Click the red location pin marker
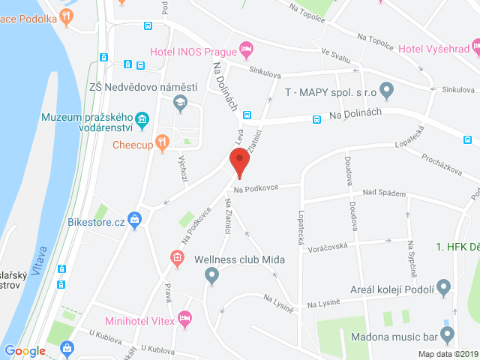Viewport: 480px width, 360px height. pos(239,162)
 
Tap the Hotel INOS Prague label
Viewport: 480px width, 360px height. pos(193,51)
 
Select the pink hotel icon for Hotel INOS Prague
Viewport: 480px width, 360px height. pos(245,50)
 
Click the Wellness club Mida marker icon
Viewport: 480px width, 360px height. pos(211,276)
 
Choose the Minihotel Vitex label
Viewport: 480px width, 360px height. pos(139,321)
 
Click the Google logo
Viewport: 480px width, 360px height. pos(25,350)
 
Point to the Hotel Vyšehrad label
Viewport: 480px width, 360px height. pos(433,49)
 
